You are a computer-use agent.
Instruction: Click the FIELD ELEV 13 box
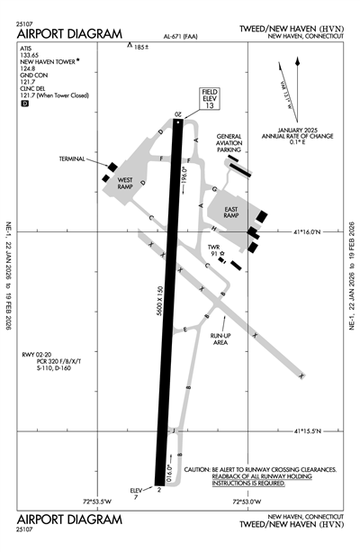click(210, 97)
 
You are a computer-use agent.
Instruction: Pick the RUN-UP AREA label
click(220, 339)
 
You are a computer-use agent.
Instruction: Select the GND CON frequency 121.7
click(27, 92)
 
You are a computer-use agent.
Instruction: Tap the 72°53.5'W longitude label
click(101, 502)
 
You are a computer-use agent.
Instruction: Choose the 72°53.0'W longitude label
click(247, 502)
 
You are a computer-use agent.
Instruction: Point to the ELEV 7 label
click(137, 492)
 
